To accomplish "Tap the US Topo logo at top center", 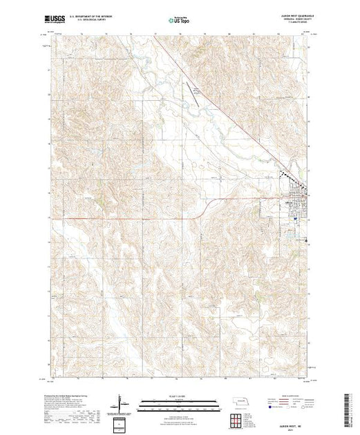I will pyautogui.click(x=181, y=20).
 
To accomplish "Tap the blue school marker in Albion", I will pyautogui.click(x=296, y=220).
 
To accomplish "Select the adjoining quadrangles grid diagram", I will pyautogui.click(x=238, y=419).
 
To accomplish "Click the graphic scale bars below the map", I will pyautogui.click(x=181, y=405).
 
